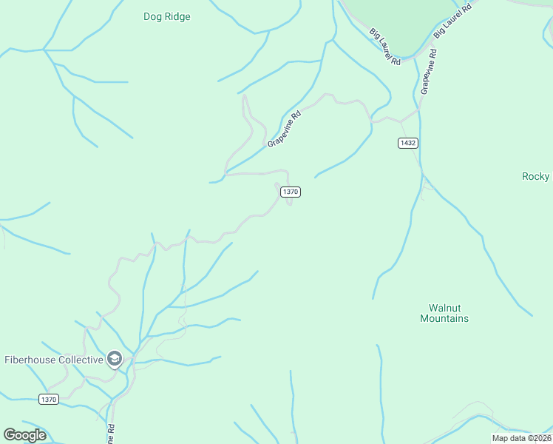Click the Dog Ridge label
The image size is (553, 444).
pos(167,17)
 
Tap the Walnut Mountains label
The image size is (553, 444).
pos(444,313)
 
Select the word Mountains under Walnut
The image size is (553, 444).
pos(444,319)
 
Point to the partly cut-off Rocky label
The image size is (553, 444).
pos(537,176)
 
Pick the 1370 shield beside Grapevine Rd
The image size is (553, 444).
pos(290,192)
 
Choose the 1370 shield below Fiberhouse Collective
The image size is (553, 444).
pos(48,400)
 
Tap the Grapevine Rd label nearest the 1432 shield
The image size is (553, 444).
pos(427,72)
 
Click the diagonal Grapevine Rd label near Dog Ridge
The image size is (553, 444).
pos(285,129)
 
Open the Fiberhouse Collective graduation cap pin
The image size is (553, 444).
pos(114,360)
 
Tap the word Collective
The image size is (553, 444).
pos(78,360)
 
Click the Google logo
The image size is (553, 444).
pos(24,434)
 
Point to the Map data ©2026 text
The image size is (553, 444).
pos(521,438)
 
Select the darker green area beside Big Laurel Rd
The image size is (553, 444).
pos(399,22)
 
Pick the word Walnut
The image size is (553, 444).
pos(445,308)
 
